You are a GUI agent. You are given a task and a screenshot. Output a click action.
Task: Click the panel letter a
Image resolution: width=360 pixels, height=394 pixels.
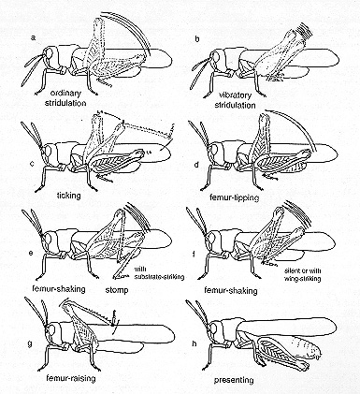click(34, 38)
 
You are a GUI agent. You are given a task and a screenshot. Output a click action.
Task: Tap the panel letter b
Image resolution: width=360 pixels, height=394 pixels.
click(197, 39)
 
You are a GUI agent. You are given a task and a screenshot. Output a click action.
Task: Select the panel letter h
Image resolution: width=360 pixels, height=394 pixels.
click(194, 343)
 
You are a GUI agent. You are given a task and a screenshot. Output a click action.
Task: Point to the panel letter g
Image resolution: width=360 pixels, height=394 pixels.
click(30, 343)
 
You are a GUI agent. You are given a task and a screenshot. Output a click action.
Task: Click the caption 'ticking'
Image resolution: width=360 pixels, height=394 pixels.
click(69, 196)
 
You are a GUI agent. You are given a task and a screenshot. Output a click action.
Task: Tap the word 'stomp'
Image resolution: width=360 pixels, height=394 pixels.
click(116, 290)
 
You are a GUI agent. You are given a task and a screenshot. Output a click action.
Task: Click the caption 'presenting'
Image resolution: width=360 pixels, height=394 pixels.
click(234, 380)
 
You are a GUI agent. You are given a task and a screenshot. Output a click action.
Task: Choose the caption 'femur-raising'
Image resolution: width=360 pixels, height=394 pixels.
click(70, 379)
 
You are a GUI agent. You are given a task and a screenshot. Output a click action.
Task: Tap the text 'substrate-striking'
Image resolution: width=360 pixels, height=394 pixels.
click(159, 276)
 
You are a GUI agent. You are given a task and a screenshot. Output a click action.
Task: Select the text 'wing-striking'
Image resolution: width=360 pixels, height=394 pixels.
click(302, 279)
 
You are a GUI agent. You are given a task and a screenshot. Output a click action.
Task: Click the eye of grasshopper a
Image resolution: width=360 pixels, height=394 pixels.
click(49, 53)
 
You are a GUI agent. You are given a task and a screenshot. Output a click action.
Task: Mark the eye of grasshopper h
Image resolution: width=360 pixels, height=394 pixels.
click(213, 329)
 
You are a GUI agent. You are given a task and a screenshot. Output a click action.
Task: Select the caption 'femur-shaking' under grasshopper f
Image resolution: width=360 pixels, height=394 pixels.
click(231, 291)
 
